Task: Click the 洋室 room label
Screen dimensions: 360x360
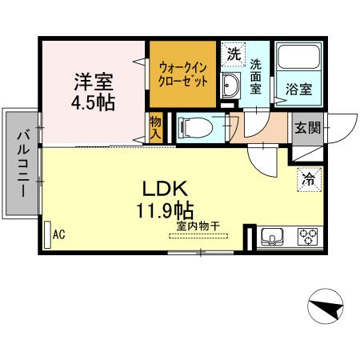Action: [x=94, y=81]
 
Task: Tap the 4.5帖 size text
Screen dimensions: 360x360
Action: [x=94, y=103]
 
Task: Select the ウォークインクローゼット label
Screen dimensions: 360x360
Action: [x=183, y=74]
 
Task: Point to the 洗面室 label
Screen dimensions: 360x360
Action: [x=256, y=76]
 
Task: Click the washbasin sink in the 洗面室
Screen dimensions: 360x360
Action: [x=230, y=86]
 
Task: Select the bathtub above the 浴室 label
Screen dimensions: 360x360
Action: [x=298, y=61]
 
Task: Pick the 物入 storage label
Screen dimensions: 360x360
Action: [x=156, y=127]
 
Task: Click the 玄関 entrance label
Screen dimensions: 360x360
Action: [x=306, y=127]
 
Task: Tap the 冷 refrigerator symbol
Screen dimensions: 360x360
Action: [x=308, y=180]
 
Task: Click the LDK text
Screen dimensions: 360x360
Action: [x=164, y=190]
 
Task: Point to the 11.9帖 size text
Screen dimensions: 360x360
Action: [x=164, y=211]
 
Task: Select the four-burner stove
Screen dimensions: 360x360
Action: [x=308, y=236]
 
